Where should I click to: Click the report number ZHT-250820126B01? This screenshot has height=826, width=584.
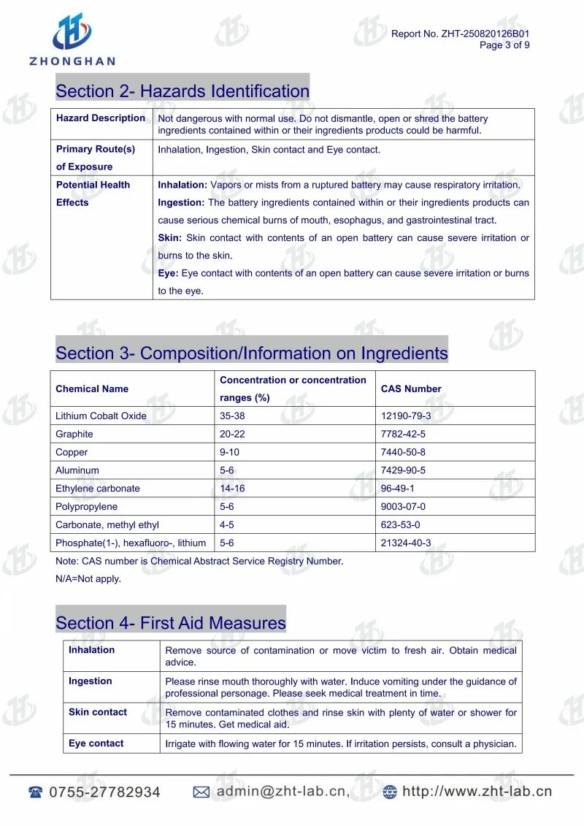point(484,34)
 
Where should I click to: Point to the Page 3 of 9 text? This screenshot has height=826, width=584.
point(504,45)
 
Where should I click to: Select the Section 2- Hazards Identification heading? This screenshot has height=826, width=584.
point(182,91)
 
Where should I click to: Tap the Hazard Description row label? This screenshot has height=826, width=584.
point(101,118)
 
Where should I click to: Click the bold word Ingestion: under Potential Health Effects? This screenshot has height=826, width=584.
point(182,202)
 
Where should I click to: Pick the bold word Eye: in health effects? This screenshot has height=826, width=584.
point(169,273)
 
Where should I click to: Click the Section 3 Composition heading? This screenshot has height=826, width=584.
point(252,353)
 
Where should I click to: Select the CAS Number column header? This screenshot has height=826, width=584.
point(411,389)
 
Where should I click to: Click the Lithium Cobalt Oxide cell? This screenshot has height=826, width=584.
point(101,416)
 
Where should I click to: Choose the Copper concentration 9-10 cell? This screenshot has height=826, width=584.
point(229,453)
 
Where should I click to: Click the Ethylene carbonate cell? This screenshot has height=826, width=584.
point(97,489)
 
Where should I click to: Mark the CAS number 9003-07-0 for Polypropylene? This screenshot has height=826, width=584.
point(403,507)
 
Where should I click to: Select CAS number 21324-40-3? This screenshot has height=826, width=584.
point(406,543)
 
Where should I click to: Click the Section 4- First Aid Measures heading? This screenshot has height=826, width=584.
point(171,623)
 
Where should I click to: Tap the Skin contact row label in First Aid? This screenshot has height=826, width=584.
point(98,712)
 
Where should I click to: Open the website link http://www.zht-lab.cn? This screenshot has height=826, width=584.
point(477,791)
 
